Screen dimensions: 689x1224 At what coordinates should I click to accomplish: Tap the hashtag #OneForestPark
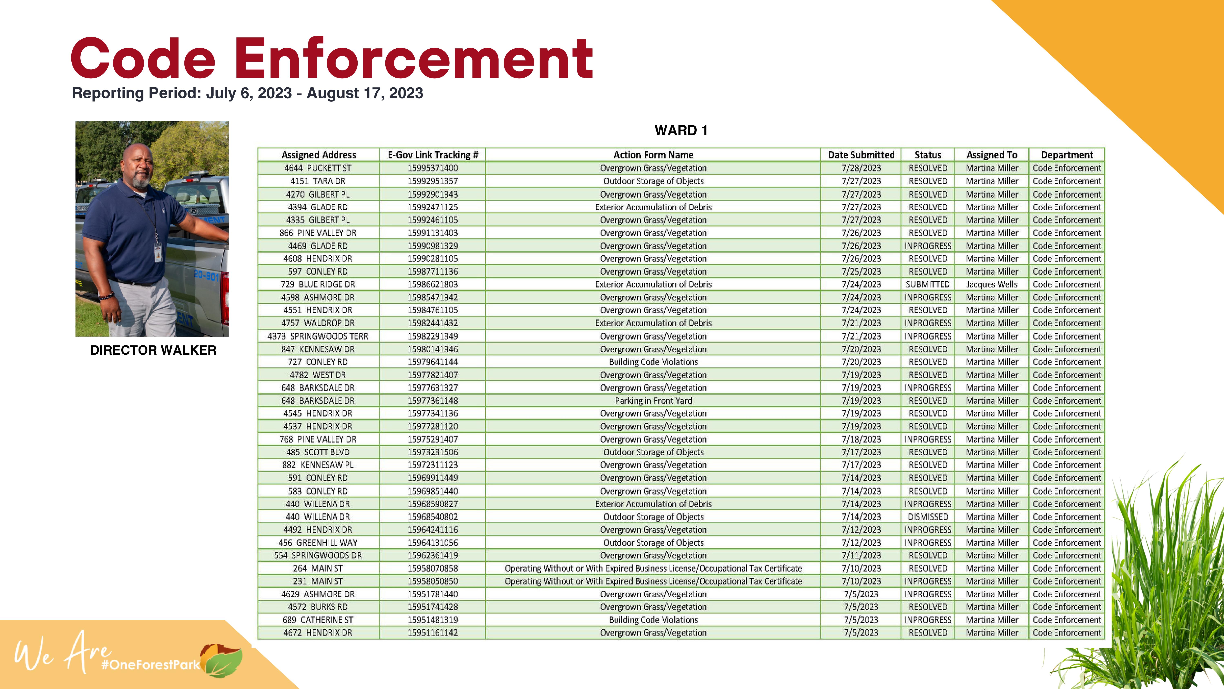[151, 664]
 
